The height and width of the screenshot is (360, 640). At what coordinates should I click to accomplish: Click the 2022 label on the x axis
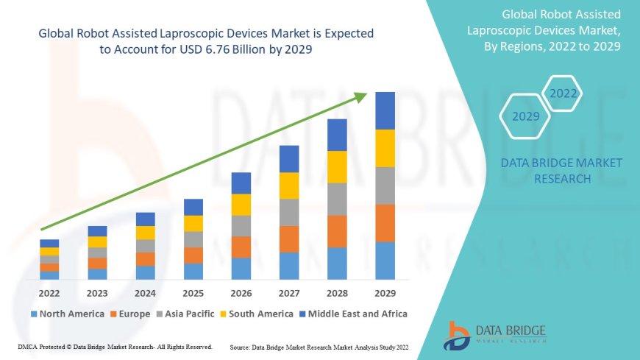pos(49,292)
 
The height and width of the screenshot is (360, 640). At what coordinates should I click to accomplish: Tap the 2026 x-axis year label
pos(241,292)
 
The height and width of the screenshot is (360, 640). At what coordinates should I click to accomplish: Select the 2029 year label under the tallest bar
pos(385,292)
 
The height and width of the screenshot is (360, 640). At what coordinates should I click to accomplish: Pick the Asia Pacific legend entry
pos(189,314)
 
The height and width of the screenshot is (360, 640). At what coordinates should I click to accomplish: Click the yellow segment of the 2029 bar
pos(385,148)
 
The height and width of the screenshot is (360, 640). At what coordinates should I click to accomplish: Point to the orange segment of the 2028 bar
pos(337,231)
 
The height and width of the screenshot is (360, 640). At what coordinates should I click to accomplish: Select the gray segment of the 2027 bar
pos(289,212)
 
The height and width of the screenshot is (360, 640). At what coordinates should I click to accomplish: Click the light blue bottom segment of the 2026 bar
pos(241,268)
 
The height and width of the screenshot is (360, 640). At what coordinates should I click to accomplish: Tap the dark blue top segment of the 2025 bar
pos(193,207)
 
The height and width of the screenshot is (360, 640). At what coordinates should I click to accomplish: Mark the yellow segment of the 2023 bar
pos(97,241)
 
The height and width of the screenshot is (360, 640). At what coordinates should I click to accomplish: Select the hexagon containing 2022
pos(563,93)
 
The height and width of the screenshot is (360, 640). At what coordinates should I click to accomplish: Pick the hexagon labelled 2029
pos(525,116)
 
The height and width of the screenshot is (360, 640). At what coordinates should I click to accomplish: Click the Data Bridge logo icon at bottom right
pos(457,335)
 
